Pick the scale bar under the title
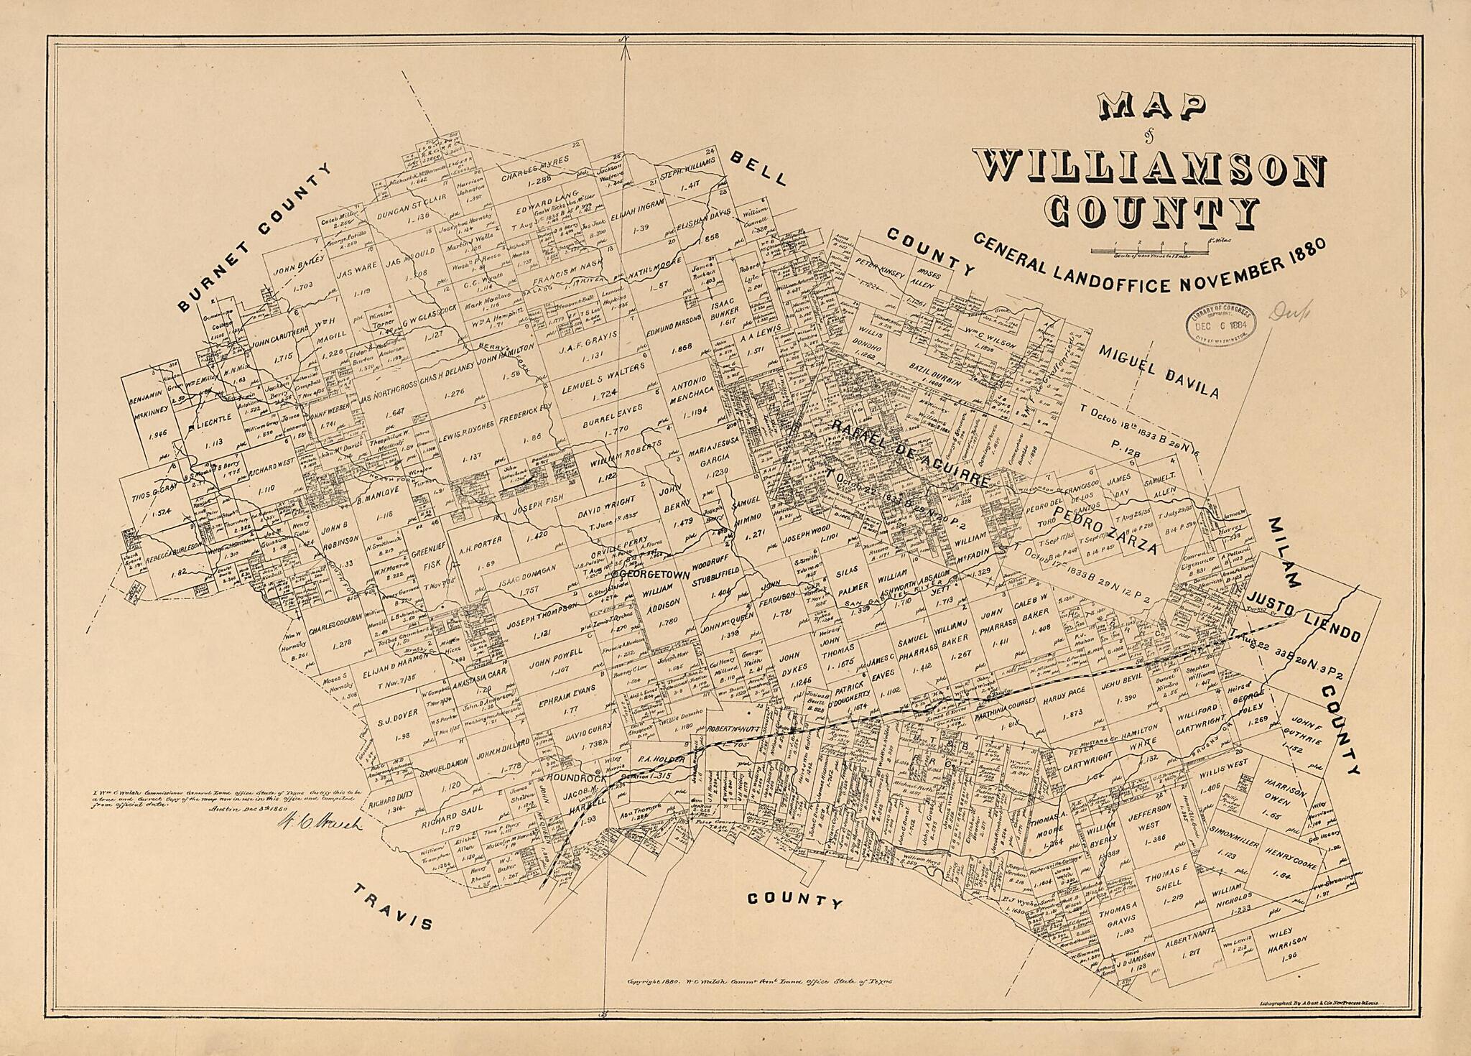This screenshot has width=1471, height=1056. point(1149,251)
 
